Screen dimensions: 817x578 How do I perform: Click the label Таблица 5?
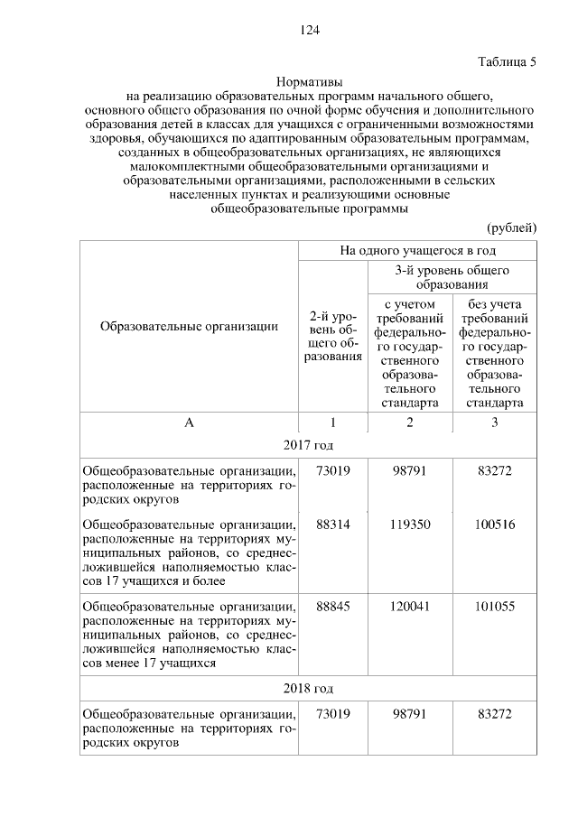tap(506, 62)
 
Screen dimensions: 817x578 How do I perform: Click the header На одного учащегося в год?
tap(416, 249)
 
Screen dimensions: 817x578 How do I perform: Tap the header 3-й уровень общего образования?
tap(452, 277)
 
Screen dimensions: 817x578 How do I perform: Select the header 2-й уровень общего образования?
tap(331, 338)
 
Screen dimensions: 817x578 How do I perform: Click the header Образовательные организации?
tap(189, 327)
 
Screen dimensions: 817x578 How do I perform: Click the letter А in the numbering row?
tap(189, 422)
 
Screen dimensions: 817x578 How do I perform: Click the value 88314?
tap(332, 525)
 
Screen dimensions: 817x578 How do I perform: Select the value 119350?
tap(409, 525)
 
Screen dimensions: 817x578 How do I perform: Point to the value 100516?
tap(494, 525)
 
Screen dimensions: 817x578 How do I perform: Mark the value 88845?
tap(332, 607)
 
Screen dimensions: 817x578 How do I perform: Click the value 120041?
tap(409, 607)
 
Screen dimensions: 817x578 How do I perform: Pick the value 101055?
tap(494, 607)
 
